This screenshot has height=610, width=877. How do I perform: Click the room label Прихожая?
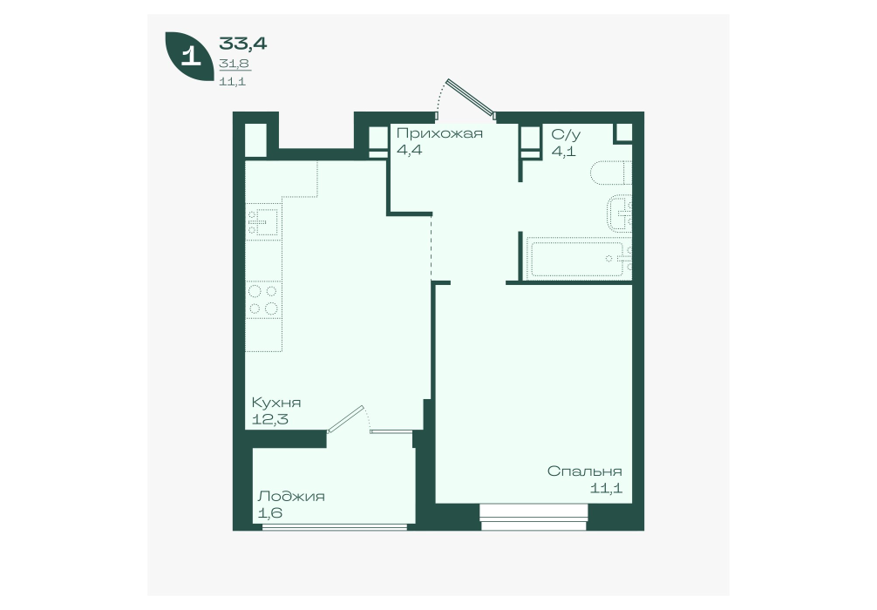click(x=439, y=133)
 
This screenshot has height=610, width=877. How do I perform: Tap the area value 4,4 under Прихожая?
click(x=409, y=151)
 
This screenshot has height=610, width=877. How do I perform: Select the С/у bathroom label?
click(x=566, y=135)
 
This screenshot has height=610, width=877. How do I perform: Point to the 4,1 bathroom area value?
click(x=563, y=152)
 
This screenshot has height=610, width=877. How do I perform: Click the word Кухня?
click(x=276, y=403)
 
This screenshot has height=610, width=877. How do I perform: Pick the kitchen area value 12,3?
click(x=269, y=419)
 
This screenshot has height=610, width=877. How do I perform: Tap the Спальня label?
click(x=584, y=471)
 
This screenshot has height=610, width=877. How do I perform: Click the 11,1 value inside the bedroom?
click(x=606, y=488)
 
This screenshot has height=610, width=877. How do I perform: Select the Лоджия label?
click(x=291, y=497)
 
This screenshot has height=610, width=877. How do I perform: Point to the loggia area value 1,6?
click(x=269, y=512)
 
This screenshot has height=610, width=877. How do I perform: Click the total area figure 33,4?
click(x=242, y=43)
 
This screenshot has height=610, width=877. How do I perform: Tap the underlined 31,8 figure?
click(x=235, y=64)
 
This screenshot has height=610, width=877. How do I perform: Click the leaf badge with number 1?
click(x=189, y=57)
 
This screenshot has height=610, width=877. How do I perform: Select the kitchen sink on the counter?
click(x=263, y=221)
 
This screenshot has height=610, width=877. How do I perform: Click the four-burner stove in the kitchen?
click(x=263, y=300)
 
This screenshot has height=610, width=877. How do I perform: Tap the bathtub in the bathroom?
click(x=578, y=258)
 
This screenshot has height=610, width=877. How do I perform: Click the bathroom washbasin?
click(x=620, y=213)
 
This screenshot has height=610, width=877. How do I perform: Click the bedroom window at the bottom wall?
click(x=534, y=517)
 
